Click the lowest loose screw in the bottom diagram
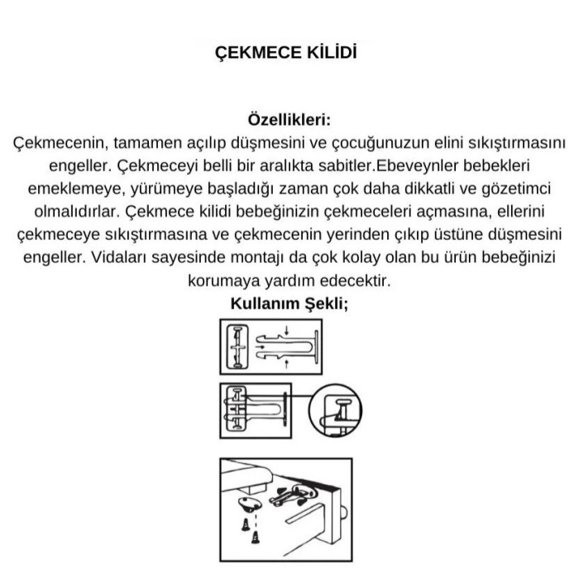(x=255, y=538)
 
